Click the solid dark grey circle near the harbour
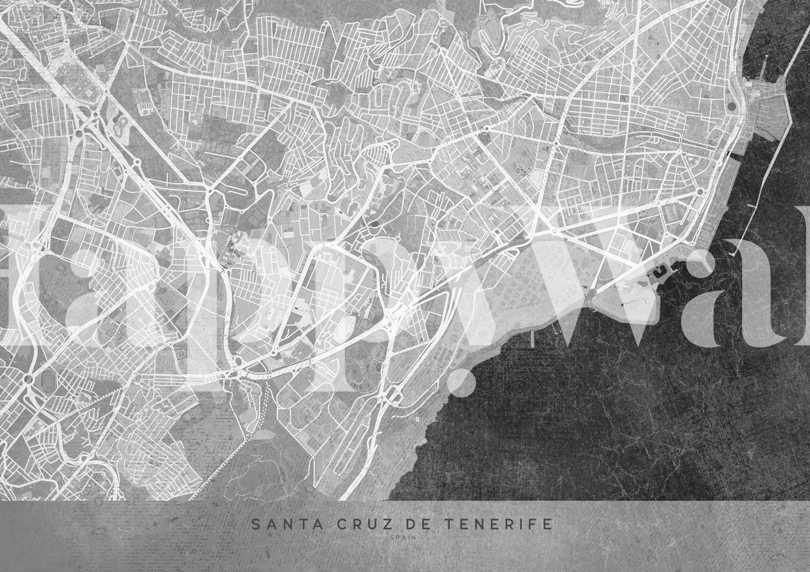point(731,106)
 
